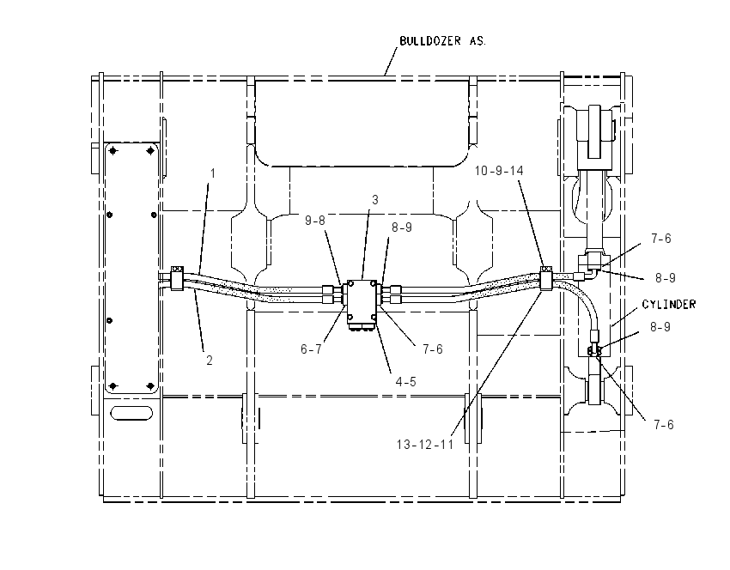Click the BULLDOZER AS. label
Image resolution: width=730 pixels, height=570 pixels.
(442, 41)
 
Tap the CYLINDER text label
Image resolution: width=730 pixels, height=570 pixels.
(668, 304)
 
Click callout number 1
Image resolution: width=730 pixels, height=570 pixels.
(213, 173)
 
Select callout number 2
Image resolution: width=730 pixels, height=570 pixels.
(210, 361)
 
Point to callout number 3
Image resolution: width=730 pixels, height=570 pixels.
(375, 200)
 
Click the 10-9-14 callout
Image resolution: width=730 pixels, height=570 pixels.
(499, 171)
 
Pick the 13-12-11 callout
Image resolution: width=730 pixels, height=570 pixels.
(424, 445)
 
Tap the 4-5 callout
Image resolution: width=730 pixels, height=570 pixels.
(405, 381)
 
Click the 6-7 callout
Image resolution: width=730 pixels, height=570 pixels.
(311, 349)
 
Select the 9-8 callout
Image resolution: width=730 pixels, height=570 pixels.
(315, 221)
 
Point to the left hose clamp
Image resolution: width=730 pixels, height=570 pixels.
(177, 278)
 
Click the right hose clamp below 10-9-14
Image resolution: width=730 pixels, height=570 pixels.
(545, 278)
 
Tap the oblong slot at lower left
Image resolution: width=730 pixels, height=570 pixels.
(131, 413)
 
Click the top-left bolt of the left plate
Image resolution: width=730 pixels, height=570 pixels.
(113, 151)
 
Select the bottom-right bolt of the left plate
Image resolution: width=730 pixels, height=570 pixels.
(150, 386)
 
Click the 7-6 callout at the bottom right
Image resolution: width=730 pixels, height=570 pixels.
(663, 425)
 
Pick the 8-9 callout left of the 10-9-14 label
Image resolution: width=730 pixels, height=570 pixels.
(402, 227)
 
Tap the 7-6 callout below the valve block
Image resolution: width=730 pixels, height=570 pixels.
(433, 349)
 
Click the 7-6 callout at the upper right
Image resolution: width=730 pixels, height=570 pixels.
(661, 239)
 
